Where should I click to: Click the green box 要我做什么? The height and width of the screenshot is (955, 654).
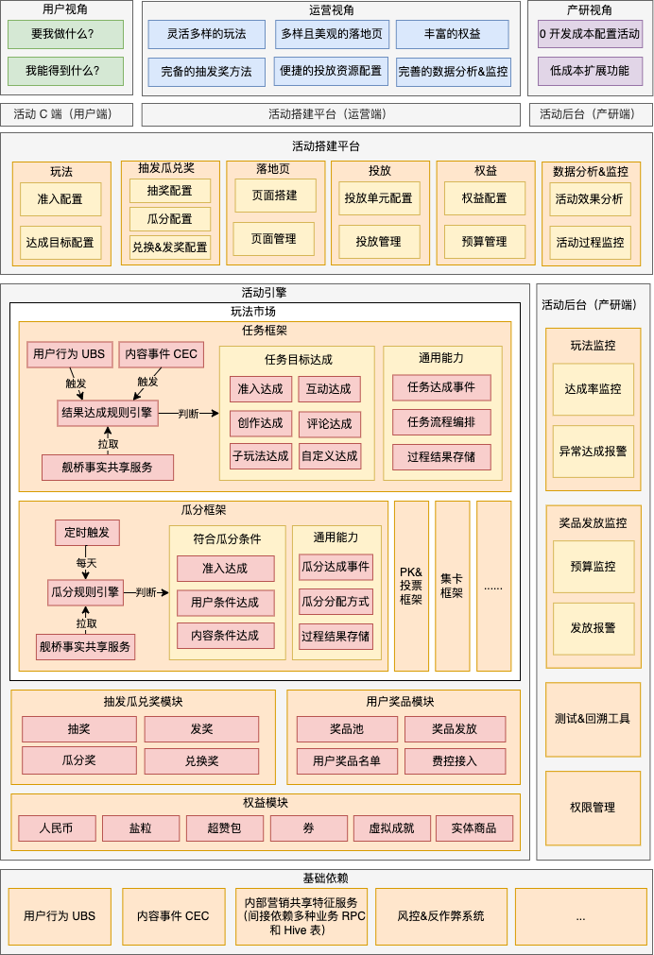(65, 34)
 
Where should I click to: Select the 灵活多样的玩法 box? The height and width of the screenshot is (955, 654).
(206, 34)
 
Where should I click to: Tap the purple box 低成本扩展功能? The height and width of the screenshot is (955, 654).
(589, 71)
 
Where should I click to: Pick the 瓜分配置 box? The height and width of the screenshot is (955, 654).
(170, 219)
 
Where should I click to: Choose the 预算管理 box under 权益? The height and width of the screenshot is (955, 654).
(485, 242)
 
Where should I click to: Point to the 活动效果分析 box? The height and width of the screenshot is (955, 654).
(590, 199)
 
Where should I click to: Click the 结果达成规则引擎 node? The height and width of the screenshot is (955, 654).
(107, 413)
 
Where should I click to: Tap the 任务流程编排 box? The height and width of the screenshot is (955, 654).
(441, 422)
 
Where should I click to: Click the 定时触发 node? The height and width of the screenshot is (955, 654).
(87, 533)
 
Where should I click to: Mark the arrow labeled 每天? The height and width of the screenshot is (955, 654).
(86, 562)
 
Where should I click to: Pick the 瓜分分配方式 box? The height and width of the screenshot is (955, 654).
(336, 601)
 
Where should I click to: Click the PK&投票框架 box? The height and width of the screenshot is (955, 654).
(411, 586)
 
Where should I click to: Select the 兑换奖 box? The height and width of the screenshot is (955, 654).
(201, 761)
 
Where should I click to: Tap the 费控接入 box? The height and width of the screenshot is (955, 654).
(455, 761)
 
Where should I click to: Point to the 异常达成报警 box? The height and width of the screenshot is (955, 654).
(593, 452)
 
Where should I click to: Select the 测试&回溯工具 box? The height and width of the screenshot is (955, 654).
(593, 719)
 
